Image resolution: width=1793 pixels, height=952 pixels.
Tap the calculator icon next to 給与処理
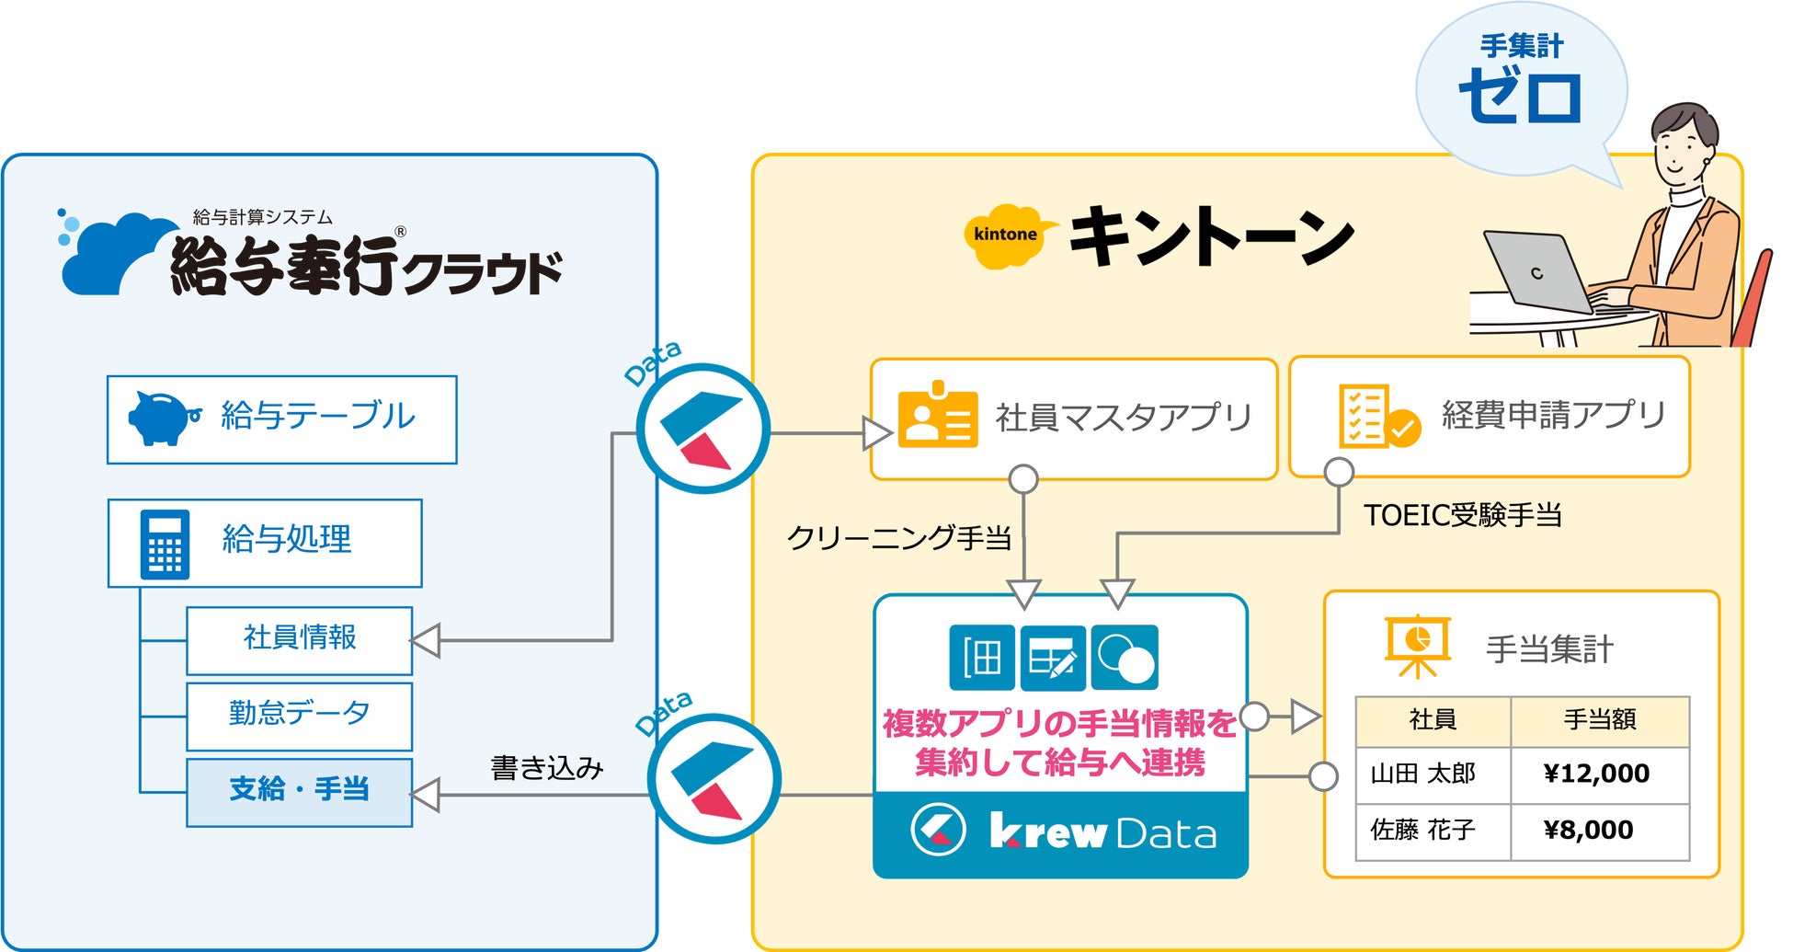(165, 545)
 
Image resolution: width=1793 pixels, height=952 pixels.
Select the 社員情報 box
(300, 640)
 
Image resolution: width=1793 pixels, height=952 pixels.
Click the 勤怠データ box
(300, 716)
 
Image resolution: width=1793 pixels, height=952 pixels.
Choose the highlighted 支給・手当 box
(300, 792)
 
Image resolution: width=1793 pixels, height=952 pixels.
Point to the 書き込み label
(547, 768)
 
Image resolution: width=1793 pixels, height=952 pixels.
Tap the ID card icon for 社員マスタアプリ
(937, 414)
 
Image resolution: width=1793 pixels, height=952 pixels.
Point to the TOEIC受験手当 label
(1463, 515)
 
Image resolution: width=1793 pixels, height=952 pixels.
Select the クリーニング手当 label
(899, 537)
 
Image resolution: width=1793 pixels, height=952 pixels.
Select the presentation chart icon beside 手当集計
(1417, 646)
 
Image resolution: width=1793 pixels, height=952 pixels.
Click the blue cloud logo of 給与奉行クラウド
(116, 252)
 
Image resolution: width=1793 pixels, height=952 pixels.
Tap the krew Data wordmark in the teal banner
(1103, 832)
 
